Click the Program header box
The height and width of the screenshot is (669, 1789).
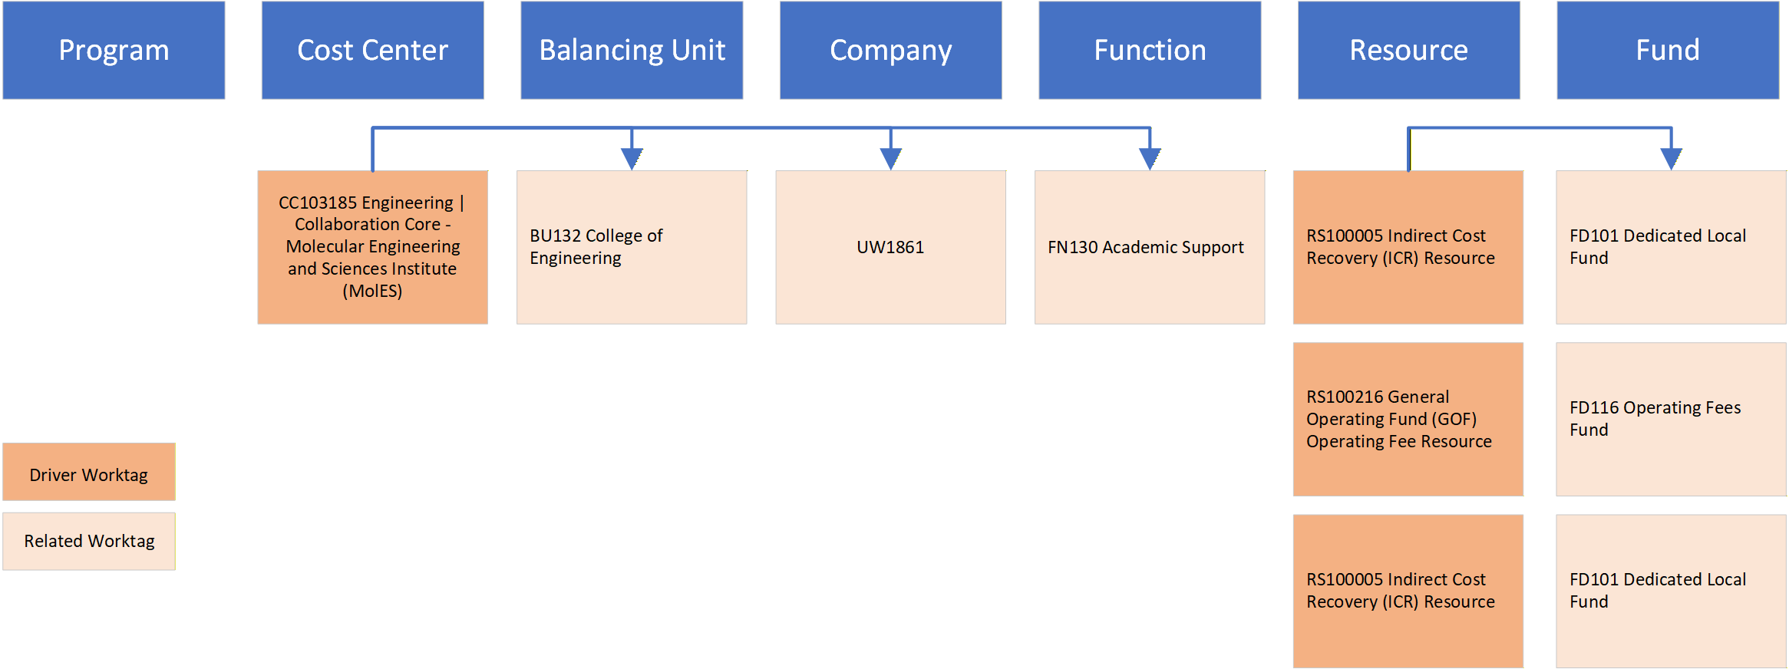click(114, 50)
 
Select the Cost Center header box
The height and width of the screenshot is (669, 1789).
click(372, 50)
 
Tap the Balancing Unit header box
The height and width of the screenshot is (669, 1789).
click(632, 50)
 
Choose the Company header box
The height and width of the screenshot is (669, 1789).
click(890, 50)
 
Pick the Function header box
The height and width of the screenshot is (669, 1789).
click(1150, 50)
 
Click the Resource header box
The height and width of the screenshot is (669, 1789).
click(1408, 50)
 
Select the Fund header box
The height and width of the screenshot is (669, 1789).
click(1668, 50)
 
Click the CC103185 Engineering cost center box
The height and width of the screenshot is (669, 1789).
click(372, 246)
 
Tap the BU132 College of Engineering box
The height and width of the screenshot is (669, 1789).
click(632, 246)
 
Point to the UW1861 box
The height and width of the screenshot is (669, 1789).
click(890, 246)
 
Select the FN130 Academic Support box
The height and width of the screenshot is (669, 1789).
click(1149, 246)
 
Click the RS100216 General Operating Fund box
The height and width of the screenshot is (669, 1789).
click(1408, 419)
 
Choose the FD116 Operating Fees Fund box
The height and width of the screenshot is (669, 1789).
click(1671, 419)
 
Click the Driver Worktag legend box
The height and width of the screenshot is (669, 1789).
click(89, 472)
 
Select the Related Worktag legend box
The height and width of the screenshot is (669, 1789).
click(89, 541)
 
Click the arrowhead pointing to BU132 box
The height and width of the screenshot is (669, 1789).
click(632, 158)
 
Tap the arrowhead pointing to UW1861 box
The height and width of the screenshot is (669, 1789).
click(890, 158)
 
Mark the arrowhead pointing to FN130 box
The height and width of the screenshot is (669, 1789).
click(1150, 158)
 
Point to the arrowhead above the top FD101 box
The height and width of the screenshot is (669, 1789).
click(1671, 158)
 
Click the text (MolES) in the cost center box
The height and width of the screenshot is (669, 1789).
click(372, 291)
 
